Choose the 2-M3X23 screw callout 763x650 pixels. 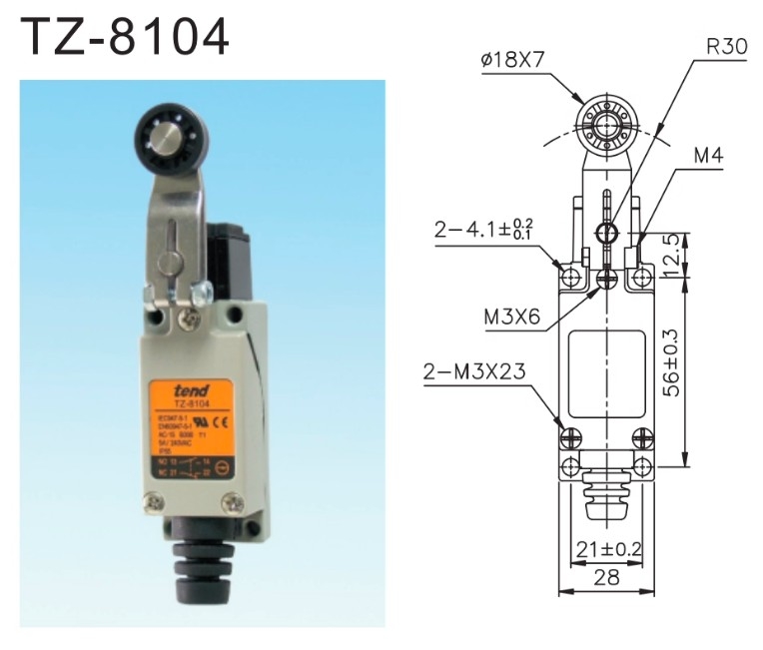(x=478, y=373)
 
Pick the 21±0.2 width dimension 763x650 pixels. (x=607, y=548)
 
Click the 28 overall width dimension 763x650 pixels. (x=606, y=577)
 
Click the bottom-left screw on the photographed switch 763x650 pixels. (x=158, y=505)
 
